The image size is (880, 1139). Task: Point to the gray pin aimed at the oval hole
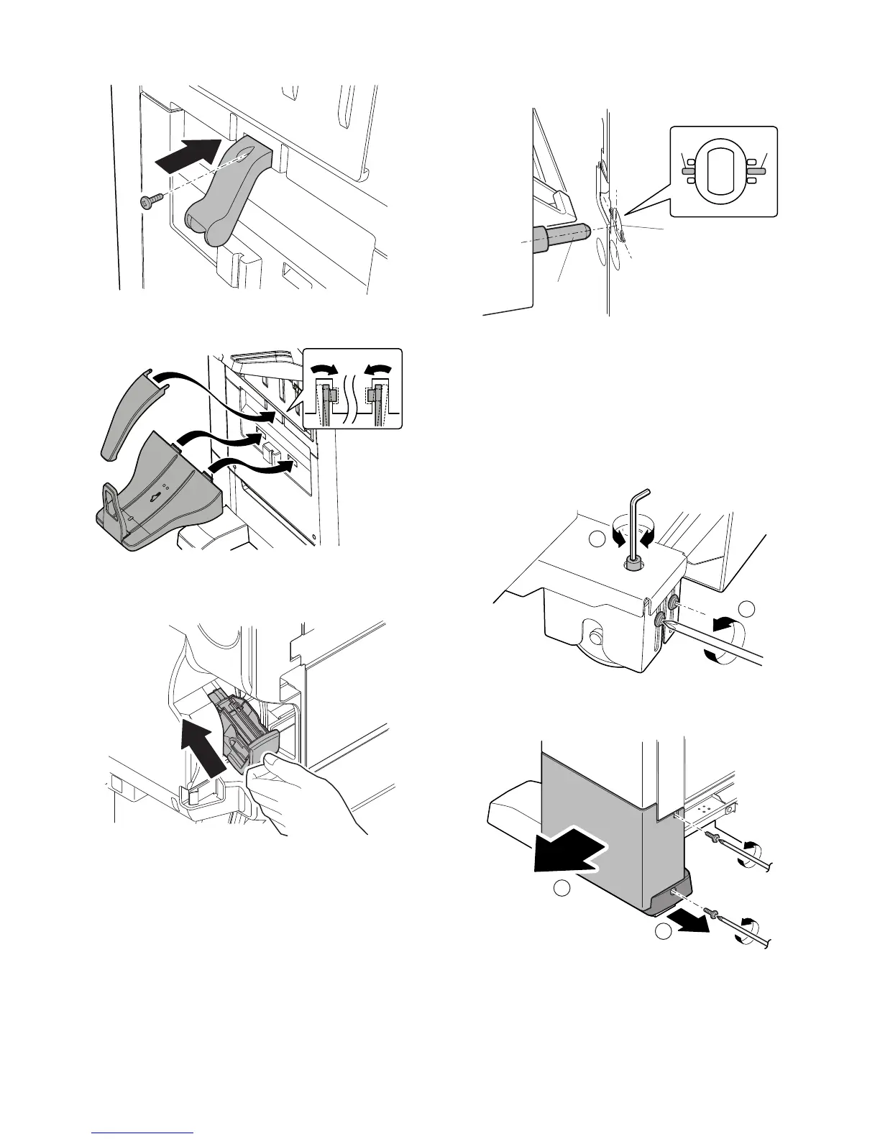[x=562, y=235]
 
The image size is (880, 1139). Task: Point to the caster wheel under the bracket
[x=596, y=636]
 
